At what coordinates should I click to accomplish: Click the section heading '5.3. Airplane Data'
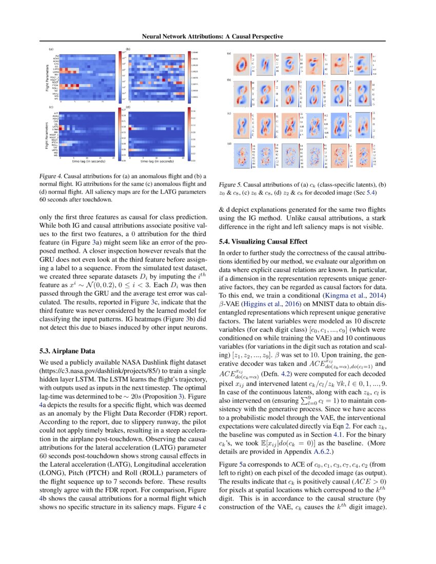pyautogui.click(x=67, y=351)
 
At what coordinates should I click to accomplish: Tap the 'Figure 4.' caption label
pyautogui.click(x=50, y=176)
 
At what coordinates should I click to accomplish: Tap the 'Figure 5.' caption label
pyautogui.click(x=230, y=184)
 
